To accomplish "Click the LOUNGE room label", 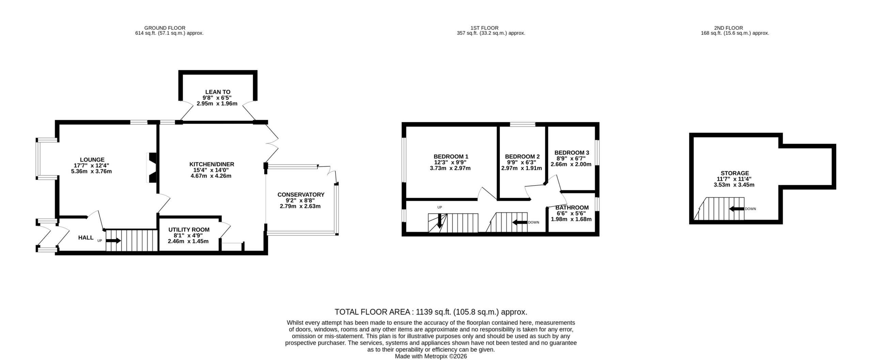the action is [92, 160].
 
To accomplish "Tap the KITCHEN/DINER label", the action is [212, 165].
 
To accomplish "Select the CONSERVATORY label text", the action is [301, 195].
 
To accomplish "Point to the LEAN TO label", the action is [218, 92].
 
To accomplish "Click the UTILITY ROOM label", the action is [189, 230].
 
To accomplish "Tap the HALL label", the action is [86, 238].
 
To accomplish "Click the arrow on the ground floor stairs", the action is [113, 241].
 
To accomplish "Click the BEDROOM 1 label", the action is [446, 157].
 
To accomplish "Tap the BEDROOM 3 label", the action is [572, 153].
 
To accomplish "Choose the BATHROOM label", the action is [572, 208].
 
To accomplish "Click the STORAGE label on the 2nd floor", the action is [734, 173].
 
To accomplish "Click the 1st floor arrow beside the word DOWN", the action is [520, 223].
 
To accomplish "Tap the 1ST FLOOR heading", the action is [484, 28].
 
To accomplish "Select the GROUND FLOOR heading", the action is [165, 28].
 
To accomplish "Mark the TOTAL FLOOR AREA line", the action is [431, 312].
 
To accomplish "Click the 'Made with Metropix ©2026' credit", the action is [431, 356].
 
